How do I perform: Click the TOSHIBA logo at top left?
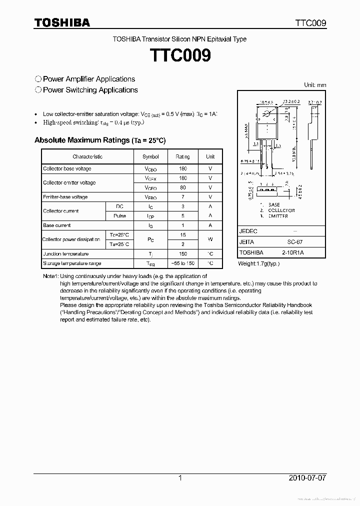click(x=62, y=23)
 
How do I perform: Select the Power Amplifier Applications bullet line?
click(x=85, y=79)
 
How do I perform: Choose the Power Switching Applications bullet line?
click(x=86, y=90)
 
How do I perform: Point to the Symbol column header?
click(x=150, y=156)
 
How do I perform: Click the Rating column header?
click(x=182, y=156)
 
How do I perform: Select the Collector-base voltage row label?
click(x=67, y=168)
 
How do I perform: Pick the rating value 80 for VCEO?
click(x=182, y=187)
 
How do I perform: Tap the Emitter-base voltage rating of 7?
click(x=182, y=197)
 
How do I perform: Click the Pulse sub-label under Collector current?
click(x=119, y=216)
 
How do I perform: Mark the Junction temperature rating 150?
click(x=182, y=254)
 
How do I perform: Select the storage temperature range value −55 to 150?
click(x=182, y=263)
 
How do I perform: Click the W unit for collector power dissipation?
click(x=210, y=239)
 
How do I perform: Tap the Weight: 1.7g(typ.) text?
click(x=258, y=263)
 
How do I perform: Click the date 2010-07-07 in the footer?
click(x=307, y=478)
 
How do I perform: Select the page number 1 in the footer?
click(x=180, y=478)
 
